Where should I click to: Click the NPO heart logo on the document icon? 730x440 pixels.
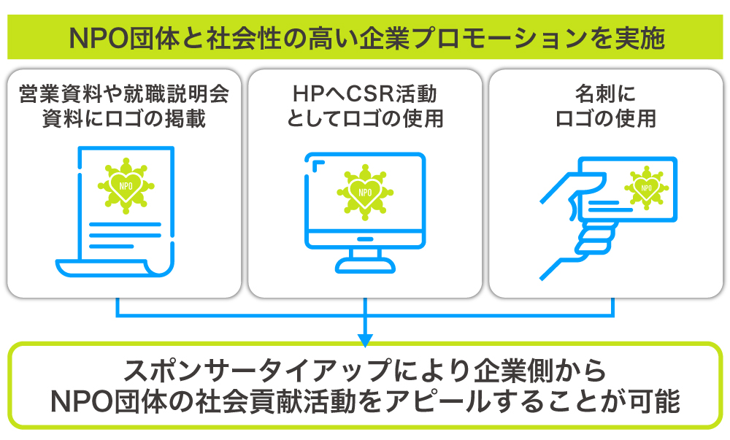(125, 185)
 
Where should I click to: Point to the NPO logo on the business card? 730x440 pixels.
(646, 187)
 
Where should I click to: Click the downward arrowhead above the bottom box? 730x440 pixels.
(365, 339)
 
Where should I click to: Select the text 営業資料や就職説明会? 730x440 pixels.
(123, 94)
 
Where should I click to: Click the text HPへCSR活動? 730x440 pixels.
(364, 94)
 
